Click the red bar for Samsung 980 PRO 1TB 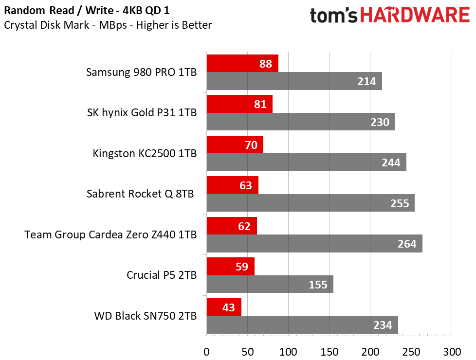[242, 63]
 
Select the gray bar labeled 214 [294, 81]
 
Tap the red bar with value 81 [239, 104]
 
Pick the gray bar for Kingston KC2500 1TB [306, 162]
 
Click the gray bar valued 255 [311, 203]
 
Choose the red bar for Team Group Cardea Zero [232, 226]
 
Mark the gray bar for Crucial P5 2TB [270, 284]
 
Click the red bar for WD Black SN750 [224, 307]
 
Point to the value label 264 [407, 244]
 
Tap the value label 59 [242, 267]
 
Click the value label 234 [383, 325]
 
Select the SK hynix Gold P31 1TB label [142, 112]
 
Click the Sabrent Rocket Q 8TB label [140, 194]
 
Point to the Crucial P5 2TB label [162, 275]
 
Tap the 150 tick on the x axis [330, 352]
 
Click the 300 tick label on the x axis [452, 352]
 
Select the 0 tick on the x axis [207, 352]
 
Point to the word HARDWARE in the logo [415, 15]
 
